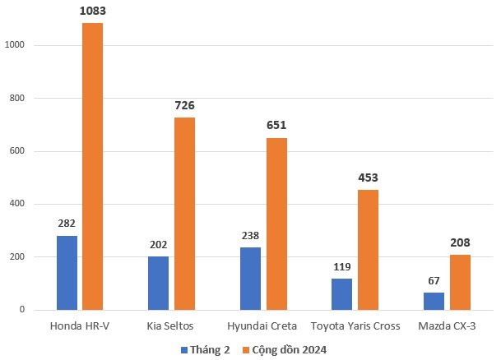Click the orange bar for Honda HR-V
92,167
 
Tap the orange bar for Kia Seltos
184,214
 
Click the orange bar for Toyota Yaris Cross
368,250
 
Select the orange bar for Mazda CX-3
460,282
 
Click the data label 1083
92,12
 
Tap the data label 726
184,106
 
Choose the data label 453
368,178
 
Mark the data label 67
434,279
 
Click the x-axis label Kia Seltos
171,326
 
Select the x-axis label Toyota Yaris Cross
355,326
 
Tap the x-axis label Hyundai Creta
263,326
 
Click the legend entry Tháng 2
206,349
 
